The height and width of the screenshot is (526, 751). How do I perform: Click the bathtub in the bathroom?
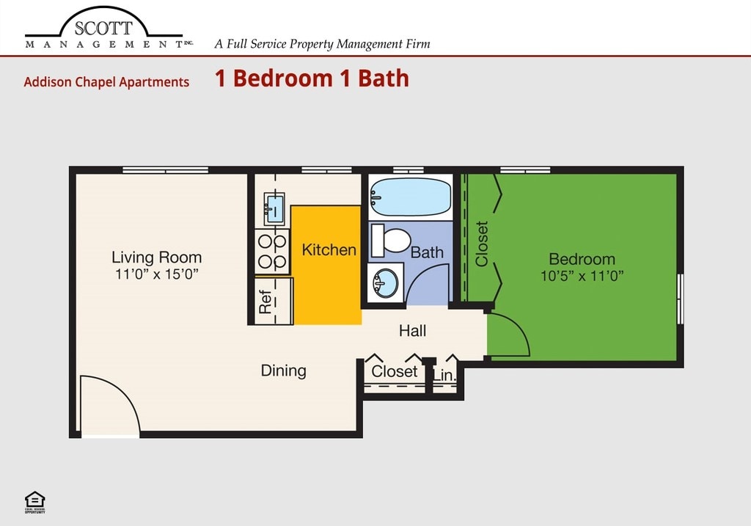coord(410,194)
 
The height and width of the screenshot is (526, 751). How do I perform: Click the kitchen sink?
coord(274,207)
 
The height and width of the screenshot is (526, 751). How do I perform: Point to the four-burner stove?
coord(272,251)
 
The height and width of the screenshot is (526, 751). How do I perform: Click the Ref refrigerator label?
coord(265,302)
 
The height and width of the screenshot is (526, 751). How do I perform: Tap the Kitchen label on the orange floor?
coord(329,249)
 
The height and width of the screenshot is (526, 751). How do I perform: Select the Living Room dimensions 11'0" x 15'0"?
coord(156,274)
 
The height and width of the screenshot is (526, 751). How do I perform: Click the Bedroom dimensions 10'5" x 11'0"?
coord(582,277)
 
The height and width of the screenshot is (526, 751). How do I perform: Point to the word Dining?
coord(283,370)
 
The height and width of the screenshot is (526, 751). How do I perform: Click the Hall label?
coord(412,331)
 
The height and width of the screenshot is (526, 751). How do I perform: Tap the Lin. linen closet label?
coord(444,376)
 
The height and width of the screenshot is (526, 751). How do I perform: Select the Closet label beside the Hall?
coord(394,371)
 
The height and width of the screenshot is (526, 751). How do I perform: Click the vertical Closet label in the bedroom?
coord(482,244)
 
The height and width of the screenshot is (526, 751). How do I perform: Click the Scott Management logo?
coord(105,31)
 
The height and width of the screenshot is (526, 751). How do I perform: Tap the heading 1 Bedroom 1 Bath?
coord(312,78)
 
